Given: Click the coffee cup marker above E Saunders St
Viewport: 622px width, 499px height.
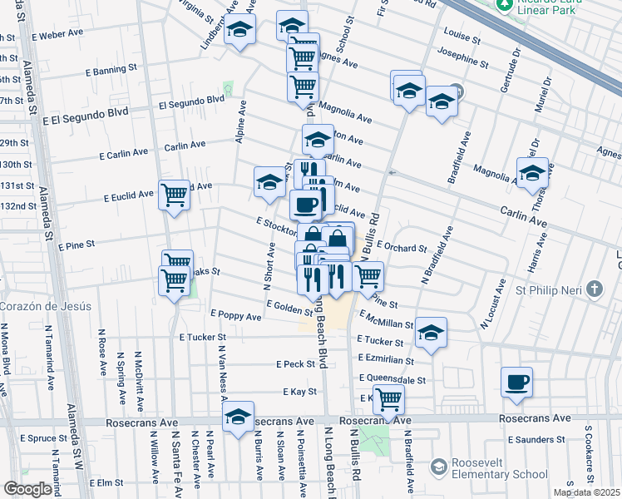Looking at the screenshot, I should pos(517,382).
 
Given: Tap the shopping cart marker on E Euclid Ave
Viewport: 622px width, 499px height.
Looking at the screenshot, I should pos(174,195).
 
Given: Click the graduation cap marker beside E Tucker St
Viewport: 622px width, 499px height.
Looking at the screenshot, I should pos(431,333).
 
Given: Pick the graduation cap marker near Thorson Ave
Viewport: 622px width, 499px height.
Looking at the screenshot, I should pos(532,173).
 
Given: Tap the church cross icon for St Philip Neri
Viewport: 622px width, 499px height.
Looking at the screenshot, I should pos(594,289).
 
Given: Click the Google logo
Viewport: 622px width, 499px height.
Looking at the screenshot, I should pos(28,489).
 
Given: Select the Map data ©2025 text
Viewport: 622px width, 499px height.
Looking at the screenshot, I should pos(586,492).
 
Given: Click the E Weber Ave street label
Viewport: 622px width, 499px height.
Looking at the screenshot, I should pos(57,35).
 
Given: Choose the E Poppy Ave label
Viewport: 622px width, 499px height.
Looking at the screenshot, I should pos(236,314).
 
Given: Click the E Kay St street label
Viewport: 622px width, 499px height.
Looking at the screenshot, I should pos(299,391).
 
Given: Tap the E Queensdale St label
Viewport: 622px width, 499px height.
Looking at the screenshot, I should pos(392,378).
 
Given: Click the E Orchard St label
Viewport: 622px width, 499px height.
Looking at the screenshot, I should pos(402,247).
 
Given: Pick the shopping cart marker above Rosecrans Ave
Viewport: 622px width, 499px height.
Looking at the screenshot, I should pos(388,400).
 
